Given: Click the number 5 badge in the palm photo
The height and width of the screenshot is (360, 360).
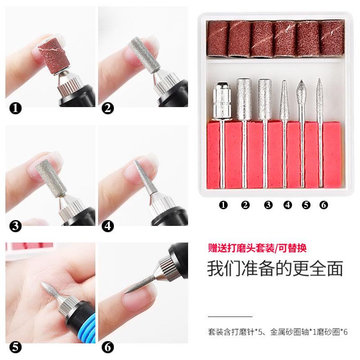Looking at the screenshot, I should pyautogui.click(x=15, y=347).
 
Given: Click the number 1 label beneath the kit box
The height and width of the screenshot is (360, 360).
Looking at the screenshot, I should pyautogui.click(x=223, y=205).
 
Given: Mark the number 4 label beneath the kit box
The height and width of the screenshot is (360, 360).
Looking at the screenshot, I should pyautogui.click(x=288, y=205).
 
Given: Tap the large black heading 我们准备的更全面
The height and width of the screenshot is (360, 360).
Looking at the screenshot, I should pyautogui.click(x=274, y=268).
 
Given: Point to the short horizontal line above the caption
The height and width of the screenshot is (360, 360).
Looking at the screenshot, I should pyautogui.click(x=230, y=316).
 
